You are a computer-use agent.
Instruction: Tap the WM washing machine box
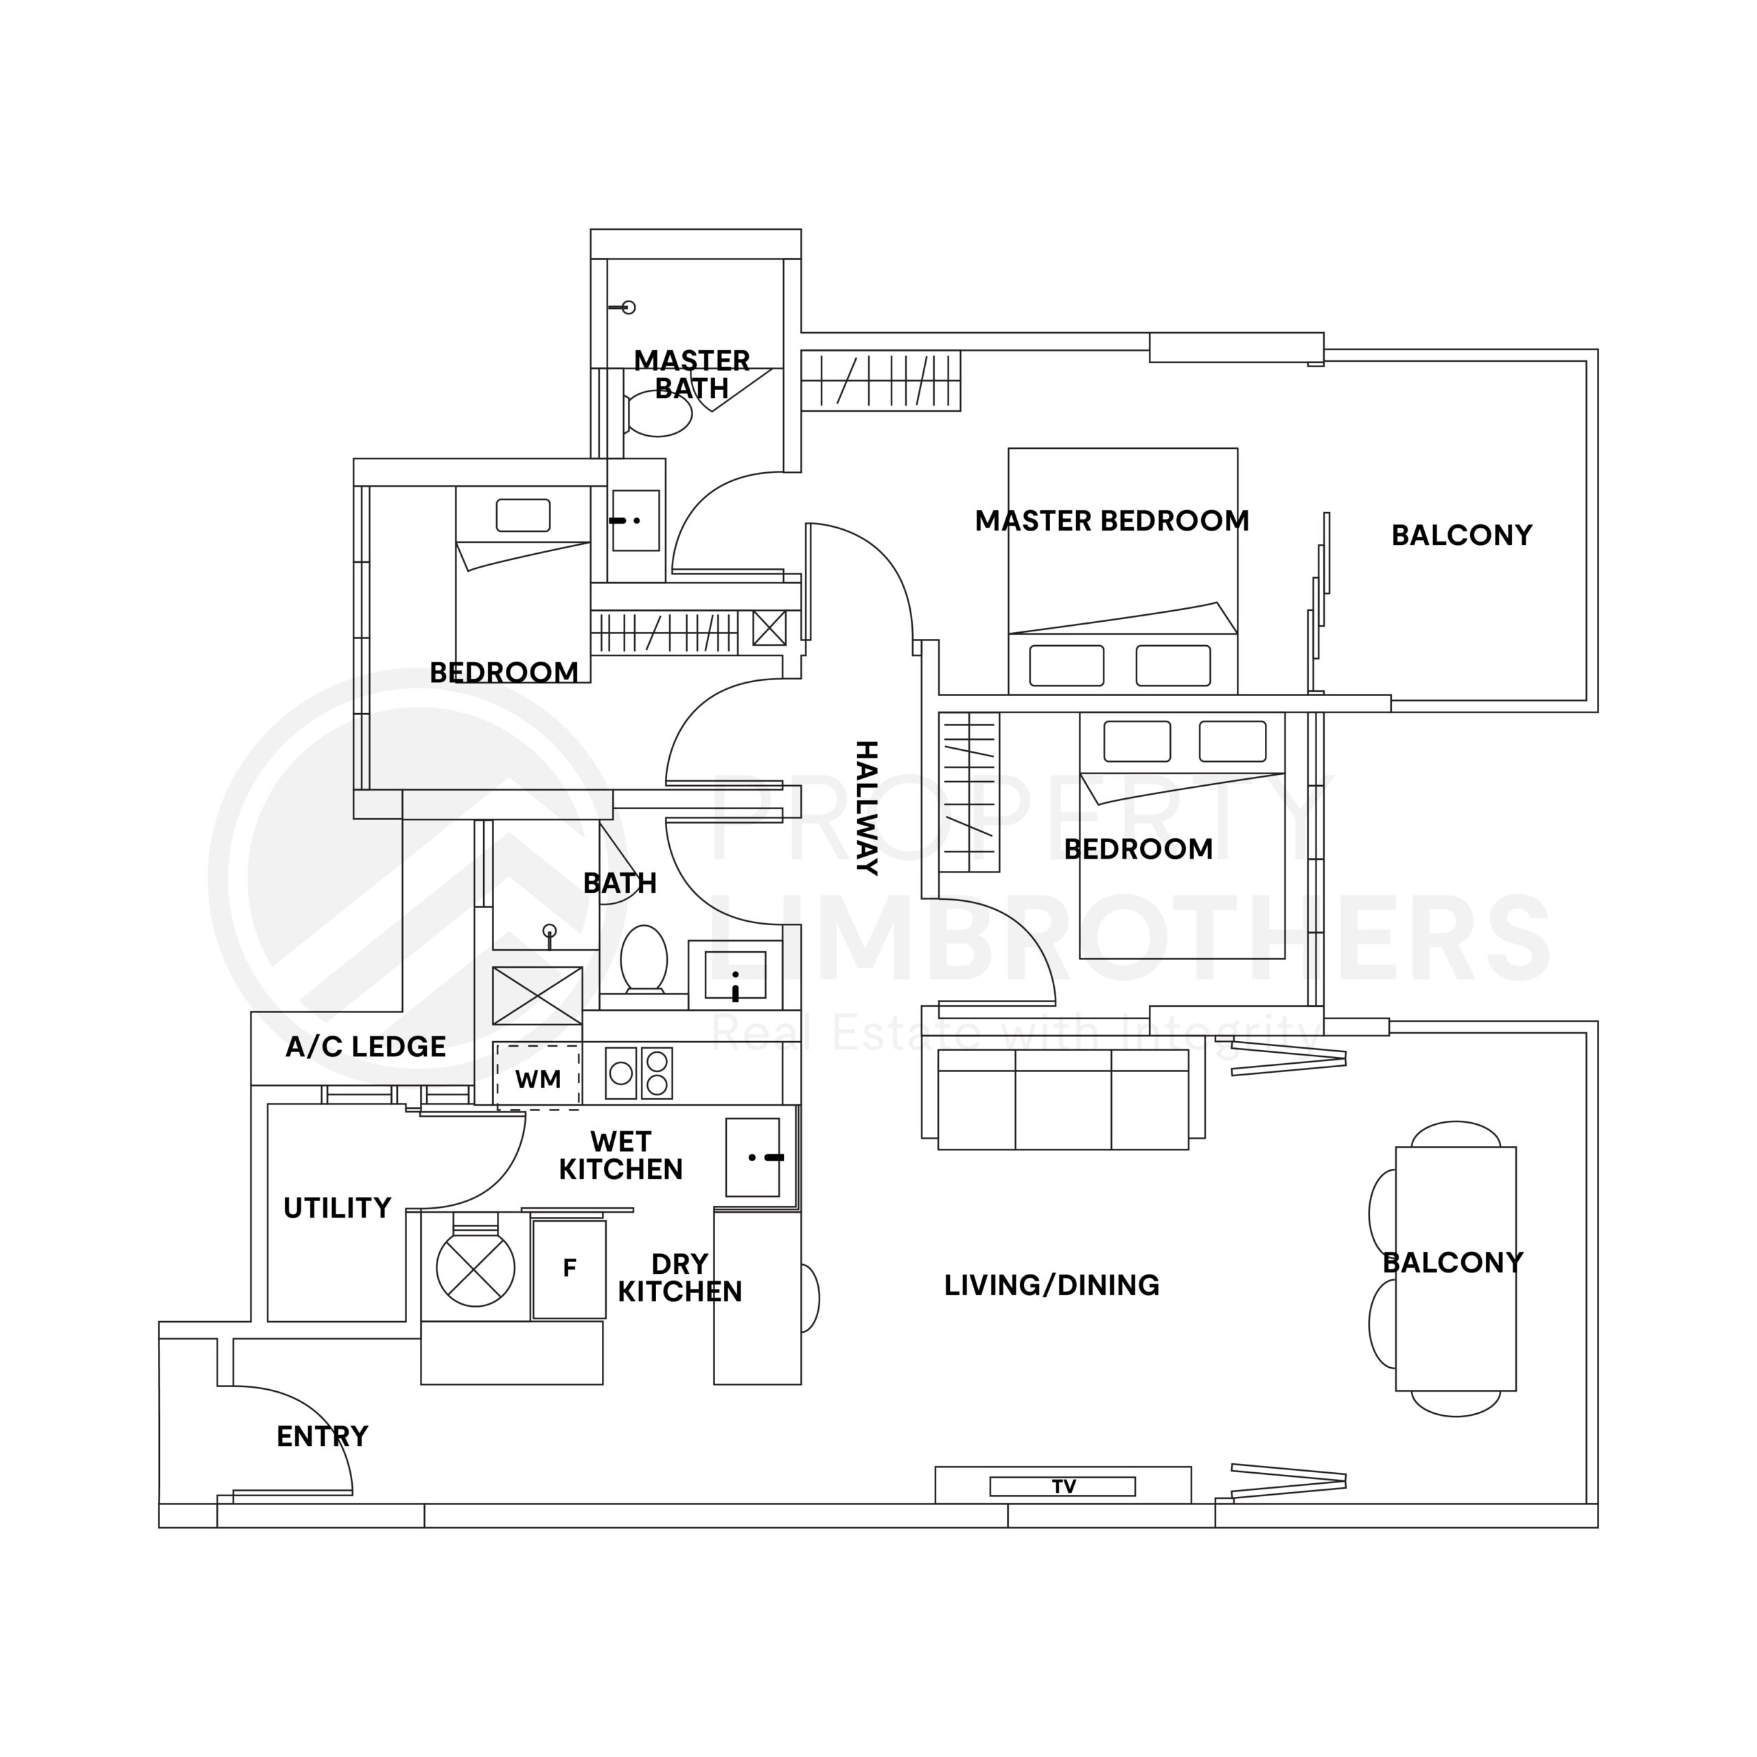[537, 1079]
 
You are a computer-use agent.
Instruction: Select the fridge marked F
[569, 1268]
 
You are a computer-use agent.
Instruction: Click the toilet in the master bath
[658, 415]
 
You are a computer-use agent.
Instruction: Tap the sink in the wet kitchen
[753, 1156]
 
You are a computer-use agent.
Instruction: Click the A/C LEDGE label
[366, 1047]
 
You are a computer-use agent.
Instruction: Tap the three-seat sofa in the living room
[1062, 1099]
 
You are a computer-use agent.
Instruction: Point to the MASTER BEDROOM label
[1111, 521]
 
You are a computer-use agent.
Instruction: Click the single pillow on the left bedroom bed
[523, 515]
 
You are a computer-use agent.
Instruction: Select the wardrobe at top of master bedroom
[881, 381]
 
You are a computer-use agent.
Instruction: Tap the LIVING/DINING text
[1051, 1285]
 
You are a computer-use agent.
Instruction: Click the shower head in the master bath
[627, 307]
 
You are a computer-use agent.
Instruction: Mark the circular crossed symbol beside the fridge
[476, 1268]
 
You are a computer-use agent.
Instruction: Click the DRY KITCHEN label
[679, 1278]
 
